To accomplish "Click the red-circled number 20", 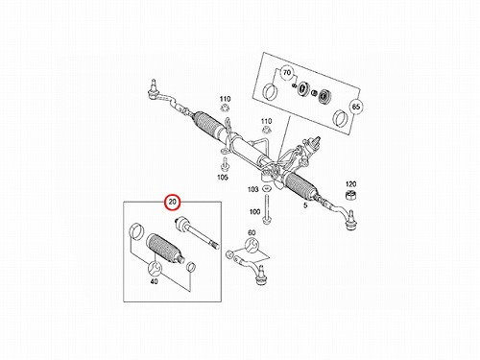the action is coord(173,203).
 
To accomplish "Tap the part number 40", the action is coord(154,281).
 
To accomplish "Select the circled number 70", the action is coord(287,73).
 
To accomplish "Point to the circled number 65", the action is coord(356,107).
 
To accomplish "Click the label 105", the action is coord(223,178).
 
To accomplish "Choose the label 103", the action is coord(252,189).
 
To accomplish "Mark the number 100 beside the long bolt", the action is coord(254,212).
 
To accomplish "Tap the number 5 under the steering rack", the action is coord(305,205).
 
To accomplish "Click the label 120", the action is coord(350,184).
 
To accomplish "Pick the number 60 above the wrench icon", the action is coord(252,232).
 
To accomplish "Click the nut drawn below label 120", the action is coord(351,195).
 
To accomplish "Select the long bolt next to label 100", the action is coord(266,208).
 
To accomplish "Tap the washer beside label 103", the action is coord(266,189).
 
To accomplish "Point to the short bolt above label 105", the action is coord(224,164).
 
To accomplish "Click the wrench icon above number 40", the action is coord(154,268).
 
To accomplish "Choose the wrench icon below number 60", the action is coord(252,246).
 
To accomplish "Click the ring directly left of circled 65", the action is coord(341,118).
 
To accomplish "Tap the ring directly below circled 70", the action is coord(271,91).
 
